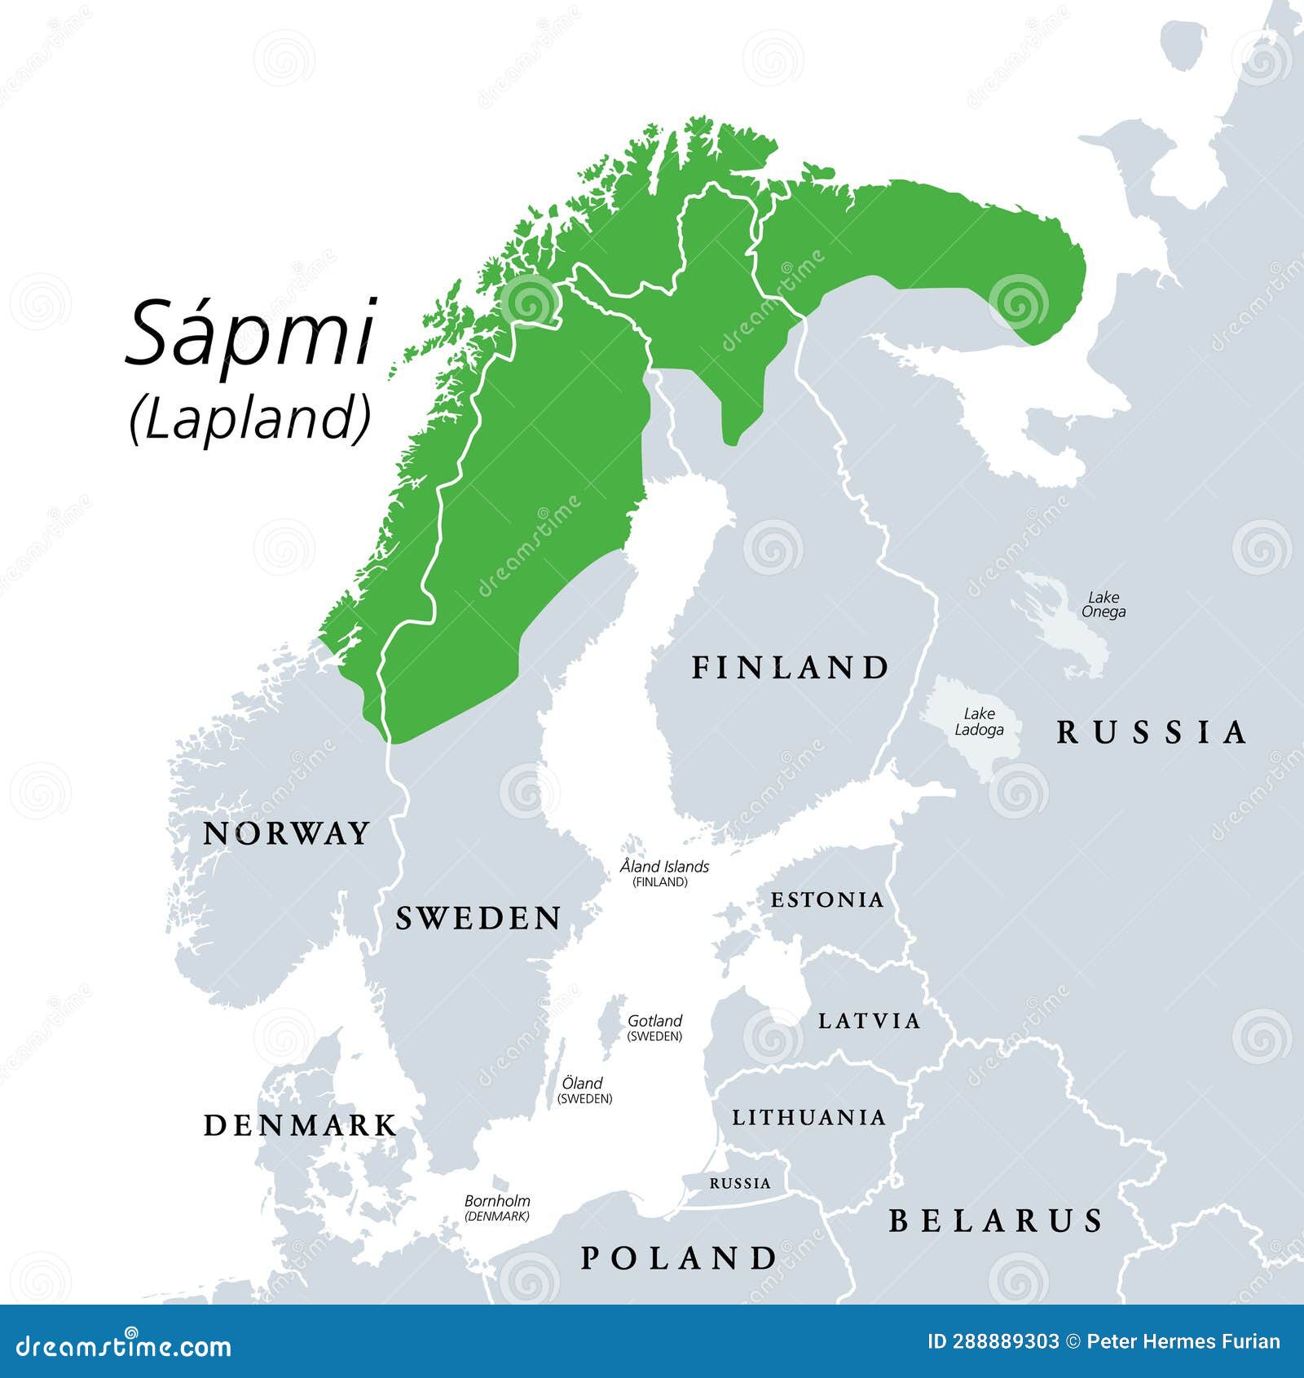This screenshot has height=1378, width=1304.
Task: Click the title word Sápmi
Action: point(251,333)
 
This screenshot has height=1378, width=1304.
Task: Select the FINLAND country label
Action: point(790,668)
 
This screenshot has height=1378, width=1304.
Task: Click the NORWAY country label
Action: point(286,833)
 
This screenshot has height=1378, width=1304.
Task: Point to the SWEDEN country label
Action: point(478,919)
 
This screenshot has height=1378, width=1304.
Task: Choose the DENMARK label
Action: point(300,1126)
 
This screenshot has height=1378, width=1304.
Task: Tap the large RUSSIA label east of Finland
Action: point(1152,732)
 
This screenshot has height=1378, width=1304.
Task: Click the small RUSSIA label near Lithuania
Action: point(739,1183)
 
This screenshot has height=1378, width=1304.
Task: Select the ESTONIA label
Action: point(827,900)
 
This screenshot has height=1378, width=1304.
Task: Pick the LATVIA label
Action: point(870,1021)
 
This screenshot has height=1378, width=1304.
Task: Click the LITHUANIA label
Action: point(808,1117)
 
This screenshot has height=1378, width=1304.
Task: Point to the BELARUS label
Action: point(996,1221)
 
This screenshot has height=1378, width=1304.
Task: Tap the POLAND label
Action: point(679,1258)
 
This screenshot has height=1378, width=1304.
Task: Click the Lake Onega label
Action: point(1104,604)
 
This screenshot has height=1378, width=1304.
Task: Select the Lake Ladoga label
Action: point(979,722)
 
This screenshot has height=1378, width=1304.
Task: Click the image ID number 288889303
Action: point(993,1342)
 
